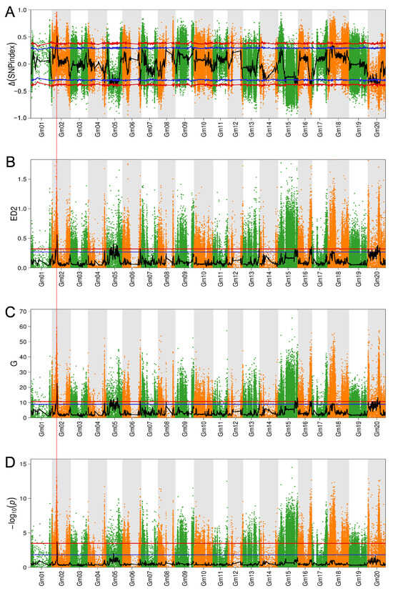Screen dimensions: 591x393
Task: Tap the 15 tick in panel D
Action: tap(24, 464)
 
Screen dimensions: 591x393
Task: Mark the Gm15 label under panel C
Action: tap(289, 432)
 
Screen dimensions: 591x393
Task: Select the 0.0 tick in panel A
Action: tap(23, 64)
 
